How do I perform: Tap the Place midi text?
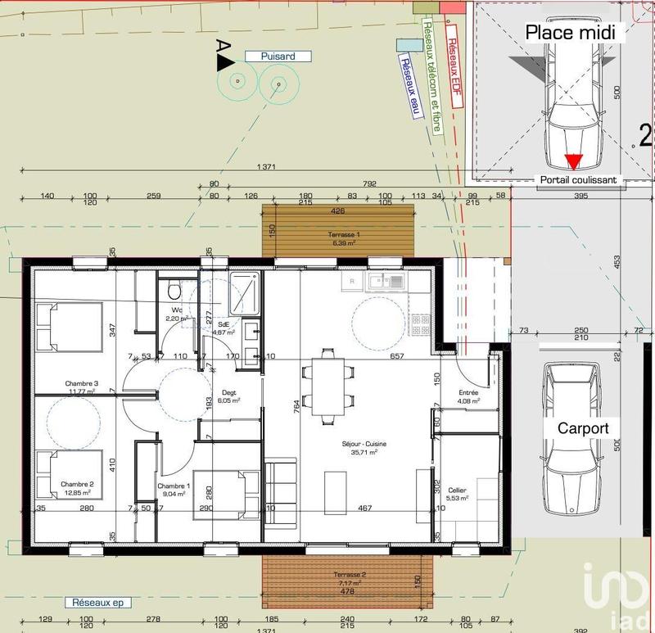(575, 33)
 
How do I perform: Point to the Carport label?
(583, 428)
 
